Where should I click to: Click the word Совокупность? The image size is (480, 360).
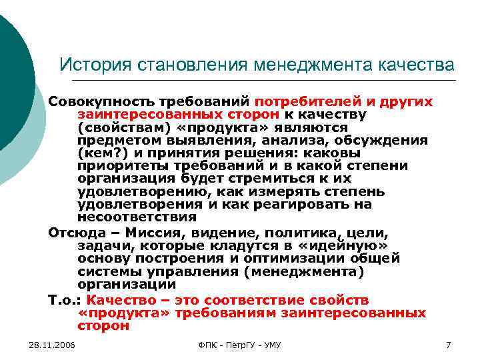[x=100, y=102]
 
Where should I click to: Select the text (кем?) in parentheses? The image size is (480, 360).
[x=99, y=153]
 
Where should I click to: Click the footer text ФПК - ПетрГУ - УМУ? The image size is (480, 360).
[x=240, y=345]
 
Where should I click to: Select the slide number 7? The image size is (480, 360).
[x=449, y=345]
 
